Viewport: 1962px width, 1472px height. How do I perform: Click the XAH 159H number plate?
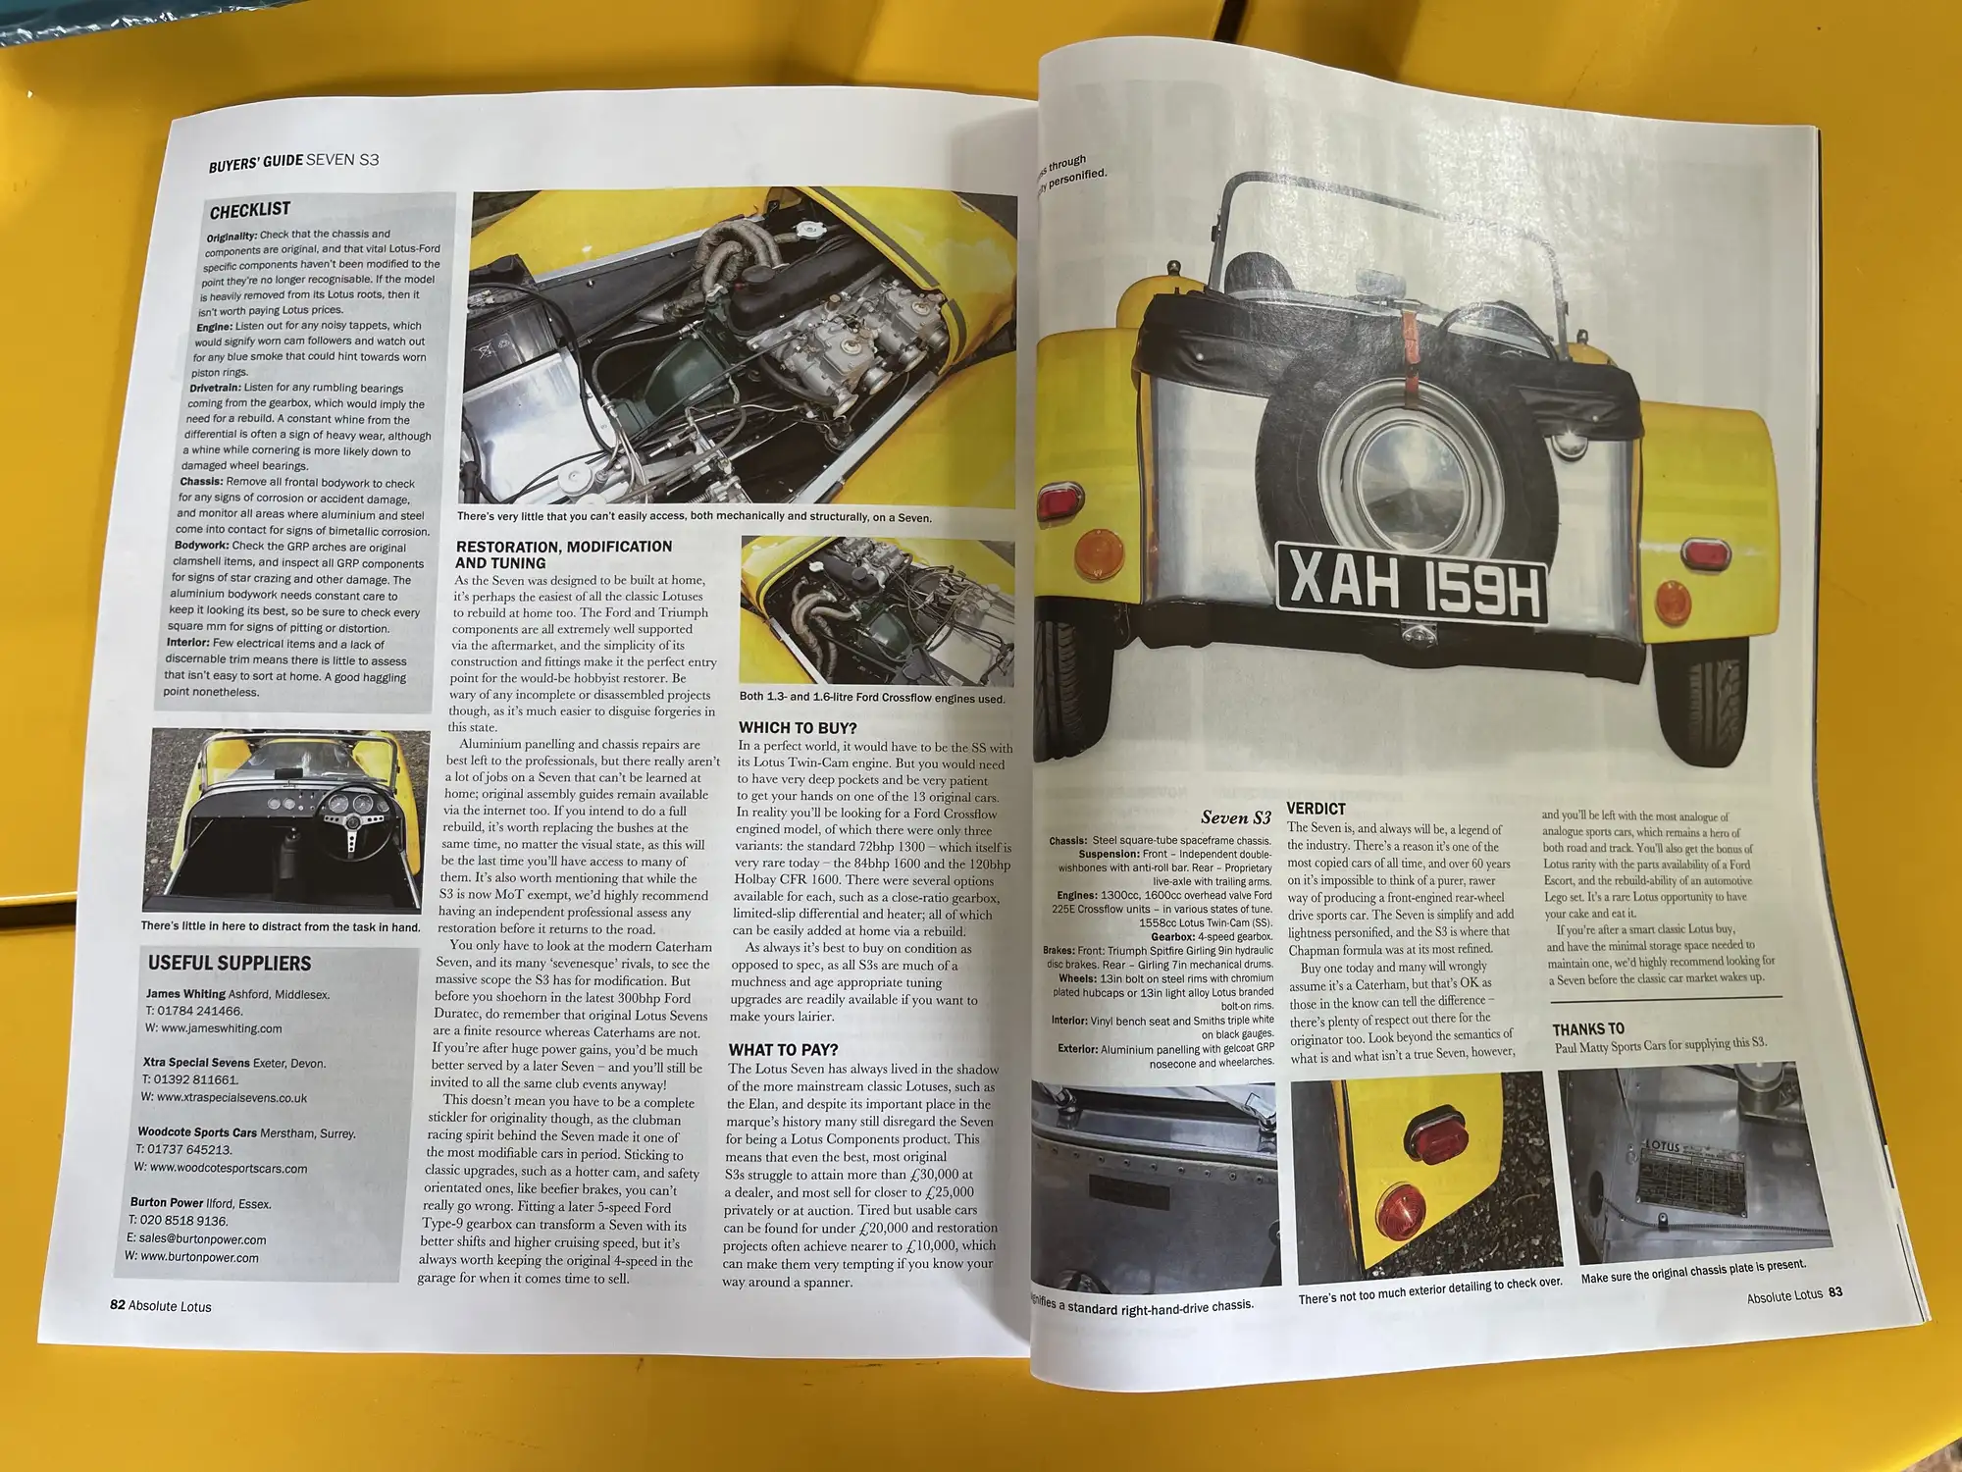point(1413,584)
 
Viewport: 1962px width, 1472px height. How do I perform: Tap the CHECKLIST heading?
point(250,210)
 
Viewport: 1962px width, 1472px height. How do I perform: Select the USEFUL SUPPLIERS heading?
point(230,964)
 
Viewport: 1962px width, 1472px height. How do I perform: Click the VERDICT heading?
point(1316,809)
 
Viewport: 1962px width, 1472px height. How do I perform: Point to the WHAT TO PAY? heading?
point(783,1050)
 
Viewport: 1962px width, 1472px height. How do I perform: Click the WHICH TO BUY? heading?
point(798,728)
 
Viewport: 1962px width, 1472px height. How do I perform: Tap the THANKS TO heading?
point(1588,1028)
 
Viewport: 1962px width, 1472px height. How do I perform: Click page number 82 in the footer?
point(118,1305)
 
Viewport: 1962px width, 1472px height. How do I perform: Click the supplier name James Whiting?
point(185,994)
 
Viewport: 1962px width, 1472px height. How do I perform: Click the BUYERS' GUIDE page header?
point(255,163)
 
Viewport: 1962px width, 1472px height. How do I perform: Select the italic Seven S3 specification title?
point(1235,817)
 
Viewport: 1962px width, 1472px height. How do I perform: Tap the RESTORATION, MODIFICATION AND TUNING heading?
point(563,554)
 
